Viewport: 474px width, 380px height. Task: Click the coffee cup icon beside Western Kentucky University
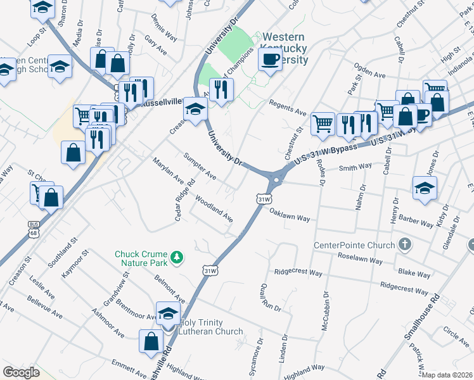[270, 60]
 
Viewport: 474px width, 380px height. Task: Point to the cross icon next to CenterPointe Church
[404, 244]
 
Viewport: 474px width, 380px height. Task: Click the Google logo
[21, 372]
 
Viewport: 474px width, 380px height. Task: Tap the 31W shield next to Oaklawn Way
[264, 199]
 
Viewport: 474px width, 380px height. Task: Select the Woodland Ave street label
[214, 208]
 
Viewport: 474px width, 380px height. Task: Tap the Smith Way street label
[355, 168]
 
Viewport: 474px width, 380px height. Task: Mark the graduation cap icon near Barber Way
[425, 187]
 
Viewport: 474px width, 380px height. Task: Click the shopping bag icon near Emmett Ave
[151, 341]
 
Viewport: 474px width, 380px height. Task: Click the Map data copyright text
[447, 374]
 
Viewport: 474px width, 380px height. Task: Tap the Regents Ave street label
[288, 107]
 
